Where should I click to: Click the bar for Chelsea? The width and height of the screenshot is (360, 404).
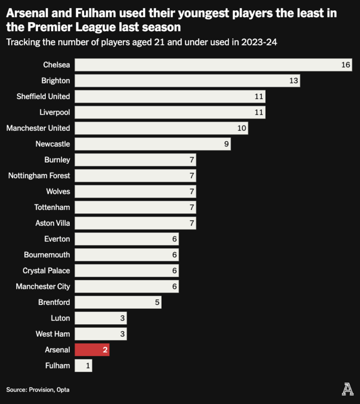click(213, 65)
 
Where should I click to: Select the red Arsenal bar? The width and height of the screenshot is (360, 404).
click(92, 350)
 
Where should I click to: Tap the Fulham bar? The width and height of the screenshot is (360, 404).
click(83, 366)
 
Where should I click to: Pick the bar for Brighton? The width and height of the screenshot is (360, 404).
click(187, 81)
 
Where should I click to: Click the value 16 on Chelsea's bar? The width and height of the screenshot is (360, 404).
click(346, 65)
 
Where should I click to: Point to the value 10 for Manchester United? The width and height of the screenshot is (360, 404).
click(242, 128)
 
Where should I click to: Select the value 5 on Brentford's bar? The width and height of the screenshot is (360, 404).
click(157, 302)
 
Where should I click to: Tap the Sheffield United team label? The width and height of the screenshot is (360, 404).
click(44, 96)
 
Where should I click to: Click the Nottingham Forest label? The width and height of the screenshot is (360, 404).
click(39, 176)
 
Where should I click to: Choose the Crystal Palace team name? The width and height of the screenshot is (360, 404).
click(46, 270)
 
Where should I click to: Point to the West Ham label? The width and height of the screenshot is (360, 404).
click(53, 334)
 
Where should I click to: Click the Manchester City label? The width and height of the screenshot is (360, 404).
click(43, 287)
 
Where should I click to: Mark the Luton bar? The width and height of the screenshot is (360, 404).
click(100, 318)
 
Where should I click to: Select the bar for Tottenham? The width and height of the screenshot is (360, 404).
click(135, 207)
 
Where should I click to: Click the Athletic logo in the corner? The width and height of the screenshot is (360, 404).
click(348, 388)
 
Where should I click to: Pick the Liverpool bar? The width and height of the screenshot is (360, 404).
click(170, 112)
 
